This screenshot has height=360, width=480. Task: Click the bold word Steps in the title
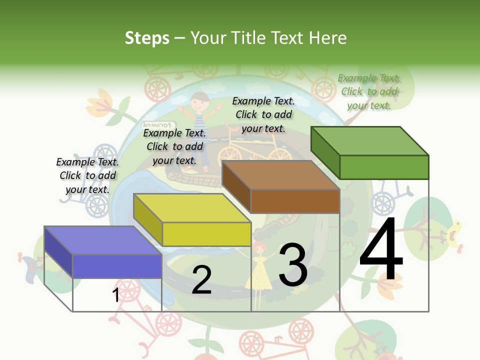click(x=147, y=38)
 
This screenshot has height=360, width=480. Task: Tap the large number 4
click(x=381, y=250)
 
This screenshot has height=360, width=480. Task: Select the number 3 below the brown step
click(x=293, y=265)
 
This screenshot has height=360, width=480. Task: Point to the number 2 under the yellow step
click(x=201, y=280)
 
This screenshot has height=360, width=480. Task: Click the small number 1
click(x=115, y=295)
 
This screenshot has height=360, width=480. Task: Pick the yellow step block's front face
click(x=206, y=234)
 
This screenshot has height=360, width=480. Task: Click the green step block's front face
click(x=384, y=167)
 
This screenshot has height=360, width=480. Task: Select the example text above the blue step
click(x=88, y=175)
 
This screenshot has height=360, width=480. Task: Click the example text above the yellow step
click(x=174, y=146)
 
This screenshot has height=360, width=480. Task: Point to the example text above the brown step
click(x=263, y=114)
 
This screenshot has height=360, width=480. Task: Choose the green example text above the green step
click(x=369, y=91)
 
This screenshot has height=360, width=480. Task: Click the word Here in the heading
click(x=328, y=38)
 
